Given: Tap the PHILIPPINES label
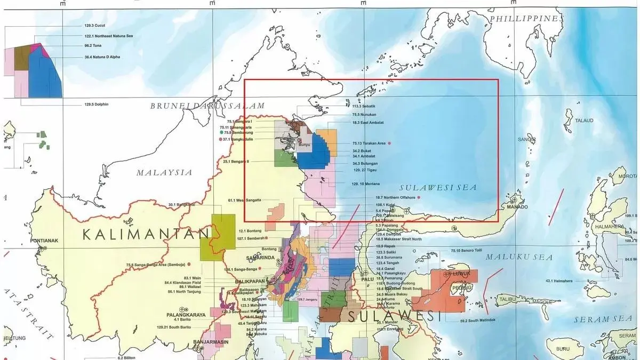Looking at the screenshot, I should [x=526, y=18].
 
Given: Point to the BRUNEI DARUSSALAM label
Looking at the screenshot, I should [x=207, y=106].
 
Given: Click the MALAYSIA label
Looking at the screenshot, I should [x=164, y=172].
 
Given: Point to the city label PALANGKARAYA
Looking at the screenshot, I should [x=184, y=315].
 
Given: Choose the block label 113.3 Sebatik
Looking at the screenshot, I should [x=364, y=106].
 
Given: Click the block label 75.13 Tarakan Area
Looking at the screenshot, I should [x=369, y=143].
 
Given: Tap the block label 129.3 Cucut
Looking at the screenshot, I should [x=81, y=26].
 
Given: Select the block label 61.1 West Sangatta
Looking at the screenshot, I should [x=245, y=200].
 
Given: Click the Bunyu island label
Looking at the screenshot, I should [x=304, y=145].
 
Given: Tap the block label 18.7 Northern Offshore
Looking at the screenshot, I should [x=396, y=197].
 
